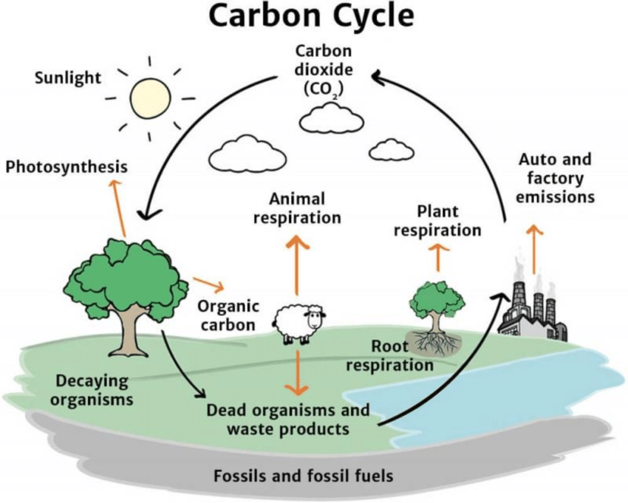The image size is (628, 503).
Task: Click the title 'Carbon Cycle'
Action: (x=313, y=16)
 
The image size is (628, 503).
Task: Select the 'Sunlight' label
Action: (x=68, y=77)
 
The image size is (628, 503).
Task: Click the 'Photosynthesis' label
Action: (x=66, y=167)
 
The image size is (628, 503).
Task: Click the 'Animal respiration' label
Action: (x=297, y=208)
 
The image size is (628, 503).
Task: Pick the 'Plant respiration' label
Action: (x=437, y=221)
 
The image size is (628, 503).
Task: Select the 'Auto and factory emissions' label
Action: (x=555, y=178)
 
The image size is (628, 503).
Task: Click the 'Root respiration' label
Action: (x=389, y=355)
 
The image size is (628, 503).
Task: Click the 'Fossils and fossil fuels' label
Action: (x=303, y=475)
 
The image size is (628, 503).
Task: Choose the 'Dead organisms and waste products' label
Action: (x=288, y=420)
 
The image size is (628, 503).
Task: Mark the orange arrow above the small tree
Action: (x=437, y=258)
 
